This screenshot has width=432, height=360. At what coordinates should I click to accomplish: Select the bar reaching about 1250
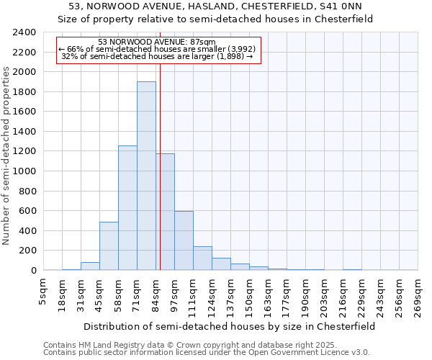[127, 208]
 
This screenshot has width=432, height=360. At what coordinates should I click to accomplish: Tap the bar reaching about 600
[184, 240]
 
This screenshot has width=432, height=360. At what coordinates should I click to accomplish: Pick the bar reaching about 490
[109, 246]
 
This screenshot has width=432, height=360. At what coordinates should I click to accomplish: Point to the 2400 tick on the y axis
[24, 32]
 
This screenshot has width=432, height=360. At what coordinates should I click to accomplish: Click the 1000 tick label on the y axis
[24, 171]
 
